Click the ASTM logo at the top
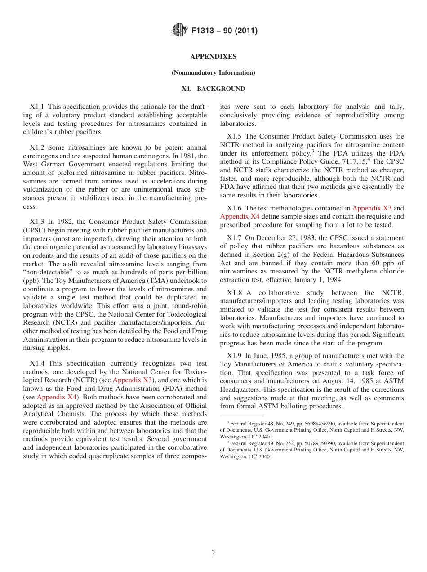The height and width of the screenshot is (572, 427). tap(178, 30)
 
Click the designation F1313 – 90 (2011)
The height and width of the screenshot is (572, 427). tap(224, 31)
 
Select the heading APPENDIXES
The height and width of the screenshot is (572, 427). tap(213, 57)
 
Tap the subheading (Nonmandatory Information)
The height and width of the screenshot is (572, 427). tap(213, 72)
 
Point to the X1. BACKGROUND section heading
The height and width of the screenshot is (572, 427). tap(213, 89)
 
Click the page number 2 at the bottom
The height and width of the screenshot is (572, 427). tap(213, 553)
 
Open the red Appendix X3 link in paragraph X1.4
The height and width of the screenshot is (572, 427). tap(132, 380)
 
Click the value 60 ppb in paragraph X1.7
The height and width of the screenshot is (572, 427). tap(391, 263)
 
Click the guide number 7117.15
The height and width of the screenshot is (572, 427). tap(349, 161)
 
